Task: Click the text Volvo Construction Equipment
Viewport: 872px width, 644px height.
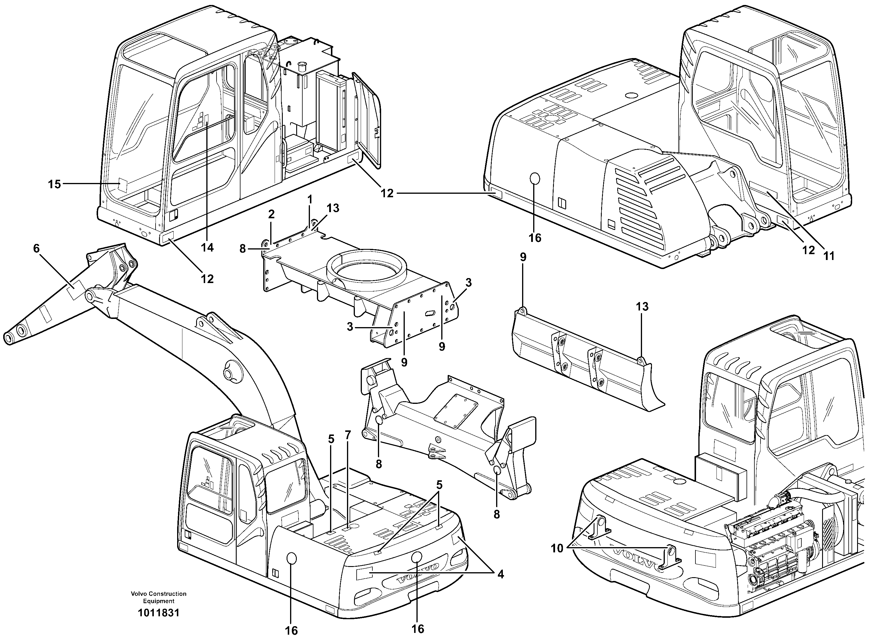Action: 159,597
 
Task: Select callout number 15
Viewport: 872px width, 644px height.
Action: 55,184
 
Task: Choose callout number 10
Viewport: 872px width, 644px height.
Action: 557,548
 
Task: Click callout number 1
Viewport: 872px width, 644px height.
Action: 310,200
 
